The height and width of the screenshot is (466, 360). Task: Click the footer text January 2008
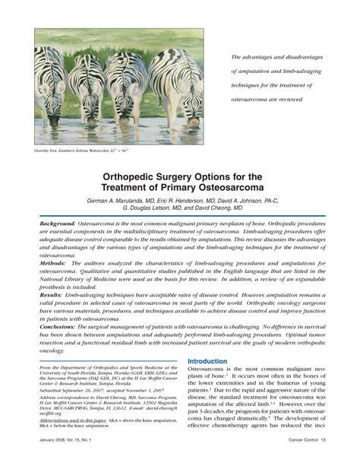(x=50, y=460)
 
